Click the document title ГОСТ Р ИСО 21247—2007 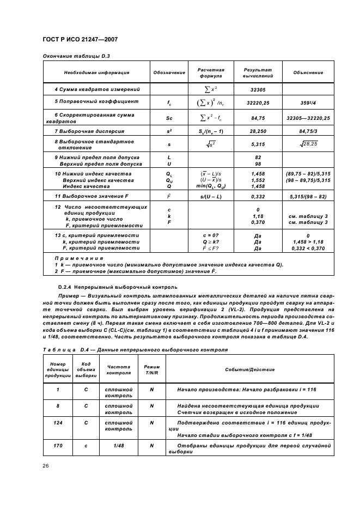point(80,40)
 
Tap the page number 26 point(46,465)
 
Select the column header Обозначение point(169,72)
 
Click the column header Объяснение point(308,72)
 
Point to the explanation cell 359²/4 point(308,102)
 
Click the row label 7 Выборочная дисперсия point(89,131)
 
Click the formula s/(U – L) point(210,195)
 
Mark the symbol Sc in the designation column point(169,117)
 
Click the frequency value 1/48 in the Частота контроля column point(119,445)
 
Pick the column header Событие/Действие point(249,369)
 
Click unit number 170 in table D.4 point(58,445)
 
